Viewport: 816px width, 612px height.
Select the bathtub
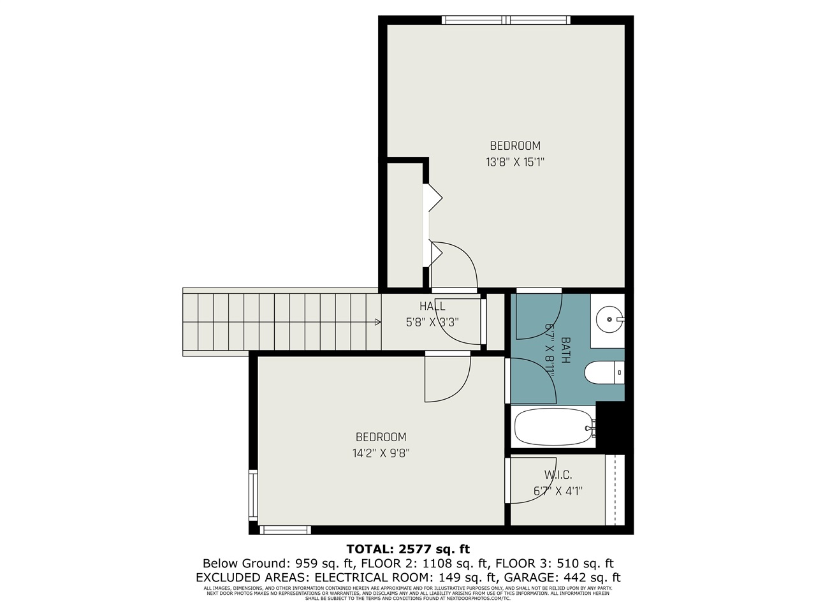tap(552, 428)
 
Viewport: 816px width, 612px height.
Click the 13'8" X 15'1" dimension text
tap(514, 162)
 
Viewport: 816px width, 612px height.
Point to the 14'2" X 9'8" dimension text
tap(381, 453)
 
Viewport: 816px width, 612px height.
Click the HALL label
tap(432, 307)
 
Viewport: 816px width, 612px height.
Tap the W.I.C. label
tap(558, 475)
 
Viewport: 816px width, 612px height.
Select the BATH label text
tap(565, 350)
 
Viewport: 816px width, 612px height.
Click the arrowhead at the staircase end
tap(378, 322)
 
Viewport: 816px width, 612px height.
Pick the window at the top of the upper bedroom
tap(506, 20)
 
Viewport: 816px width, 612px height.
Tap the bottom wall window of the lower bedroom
tap(286, 530)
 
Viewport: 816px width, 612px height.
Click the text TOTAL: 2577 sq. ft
tap(408, 548)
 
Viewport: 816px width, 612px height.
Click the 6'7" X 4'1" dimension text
tap(558, 492)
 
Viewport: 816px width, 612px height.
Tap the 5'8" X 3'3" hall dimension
tap(432, 322)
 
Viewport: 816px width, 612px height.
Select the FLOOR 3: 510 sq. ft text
tap(554, 563)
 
